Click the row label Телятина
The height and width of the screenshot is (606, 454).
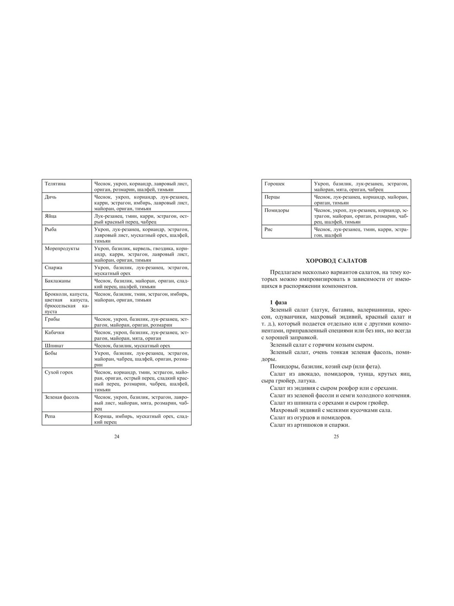point(55,184)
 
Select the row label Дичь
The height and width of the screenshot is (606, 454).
point(51,197)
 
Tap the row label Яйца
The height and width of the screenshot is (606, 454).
point(51,216)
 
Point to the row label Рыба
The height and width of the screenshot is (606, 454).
point(51,230)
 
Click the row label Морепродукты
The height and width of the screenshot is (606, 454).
point(62,249)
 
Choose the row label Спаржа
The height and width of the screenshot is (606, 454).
point(54,268)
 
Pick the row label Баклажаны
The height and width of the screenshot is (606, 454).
point(58,281)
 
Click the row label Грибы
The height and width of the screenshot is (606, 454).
point(52,319)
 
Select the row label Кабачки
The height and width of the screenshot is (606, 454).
point(54,333)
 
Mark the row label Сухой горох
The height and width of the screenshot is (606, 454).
point(59,373)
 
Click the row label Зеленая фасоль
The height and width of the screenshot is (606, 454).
point(62,397)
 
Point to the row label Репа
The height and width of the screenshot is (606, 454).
point(50,416)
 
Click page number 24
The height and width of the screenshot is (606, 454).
point(117,436)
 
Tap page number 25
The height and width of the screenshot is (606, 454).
point(336,436)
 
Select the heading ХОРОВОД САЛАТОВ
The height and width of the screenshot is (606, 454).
point(336,261)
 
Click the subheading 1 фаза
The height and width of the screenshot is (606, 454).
point(278,302)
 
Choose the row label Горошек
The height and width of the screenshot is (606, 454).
point(275,184)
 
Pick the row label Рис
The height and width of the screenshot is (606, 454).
point(269,230)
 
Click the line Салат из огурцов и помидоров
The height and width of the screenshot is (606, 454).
point(310,418)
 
